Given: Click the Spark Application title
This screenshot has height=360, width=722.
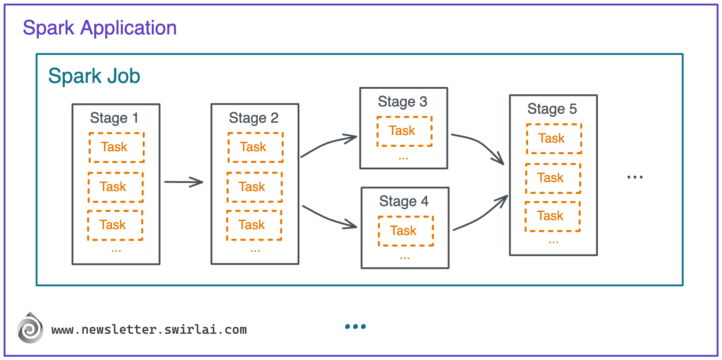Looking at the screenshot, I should (100, 28).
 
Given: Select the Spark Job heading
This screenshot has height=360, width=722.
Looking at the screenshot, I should (94, 76).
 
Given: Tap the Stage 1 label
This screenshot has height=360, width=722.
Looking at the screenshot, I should (114, 118).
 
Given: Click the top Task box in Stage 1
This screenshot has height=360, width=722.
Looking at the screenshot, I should (116, 147).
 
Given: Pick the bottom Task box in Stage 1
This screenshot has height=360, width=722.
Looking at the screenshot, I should (115, 225).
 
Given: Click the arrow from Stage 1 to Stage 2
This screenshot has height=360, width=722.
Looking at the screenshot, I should (183, 182).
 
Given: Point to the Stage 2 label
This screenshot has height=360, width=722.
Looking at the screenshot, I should (254, 118).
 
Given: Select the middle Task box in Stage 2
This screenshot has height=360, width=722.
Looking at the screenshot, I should (255, 187).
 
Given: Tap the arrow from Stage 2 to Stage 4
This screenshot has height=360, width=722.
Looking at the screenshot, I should (329, 218).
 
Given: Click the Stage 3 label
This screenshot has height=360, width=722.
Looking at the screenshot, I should (403, 102).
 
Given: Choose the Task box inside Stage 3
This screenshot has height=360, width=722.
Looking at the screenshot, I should (404, 131).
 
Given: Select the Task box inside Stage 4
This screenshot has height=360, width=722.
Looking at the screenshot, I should (406, 231).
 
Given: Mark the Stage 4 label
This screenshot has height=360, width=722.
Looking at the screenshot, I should (404, 202).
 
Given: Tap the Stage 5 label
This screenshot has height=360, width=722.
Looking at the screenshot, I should (552, 109).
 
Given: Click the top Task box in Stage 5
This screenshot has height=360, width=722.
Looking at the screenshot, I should (554, 139).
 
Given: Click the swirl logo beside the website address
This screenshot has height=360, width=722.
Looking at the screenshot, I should (30, 328).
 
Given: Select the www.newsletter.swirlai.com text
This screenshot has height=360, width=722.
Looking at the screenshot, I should (149, 330).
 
